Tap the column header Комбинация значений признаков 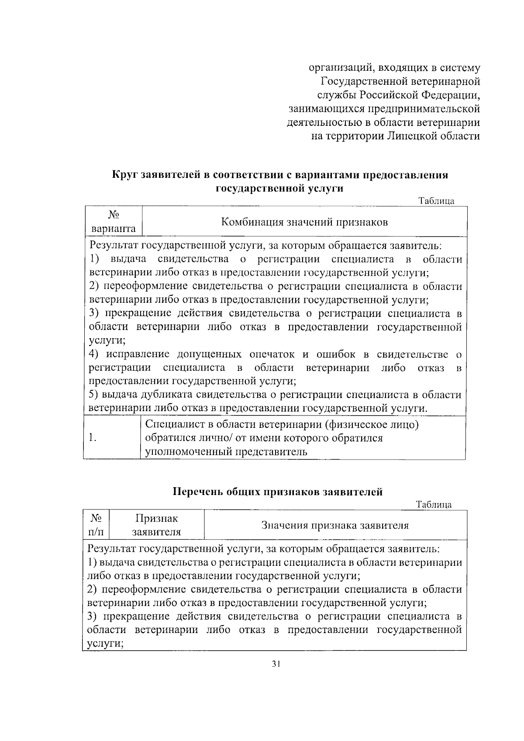point(304,222)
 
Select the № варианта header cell point(113,222)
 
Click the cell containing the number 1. point(92,438)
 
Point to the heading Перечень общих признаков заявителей point(278,492)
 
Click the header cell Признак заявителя point(157,525)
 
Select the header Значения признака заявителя point(335,525)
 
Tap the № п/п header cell point(96,525)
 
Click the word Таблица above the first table point(437,201)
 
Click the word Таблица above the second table point(434,505)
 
